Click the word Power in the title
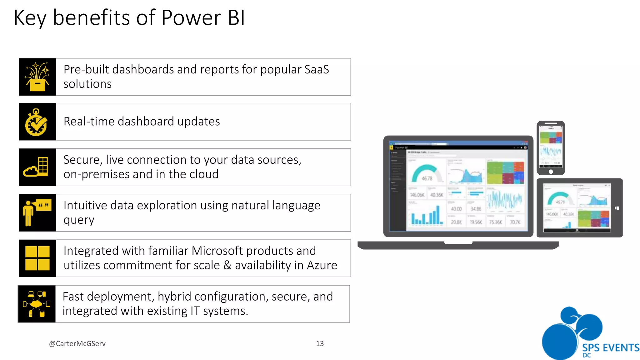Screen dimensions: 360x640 [x=191, y=18]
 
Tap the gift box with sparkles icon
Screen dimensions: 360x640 [x=37, y=77]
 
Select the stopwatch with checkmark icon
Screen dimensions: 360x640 [x=37, y=122]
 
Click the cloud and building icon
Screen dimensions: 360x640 [x=37, y=167]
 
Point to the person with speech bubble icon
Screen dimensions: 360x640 [x=37, y=213]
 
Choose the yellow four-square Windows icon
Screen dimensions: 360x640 [x=37, y=258]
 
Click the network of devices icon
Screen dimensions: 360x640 [x=37, y=304]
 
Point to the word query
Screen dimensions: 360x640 [x=79, y=220]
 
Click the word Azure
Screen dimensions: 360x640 [x=322, y=265]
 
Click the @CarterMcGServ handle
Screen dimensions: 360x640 [x=77, y=344]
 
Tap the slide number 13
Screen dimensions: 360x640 [x=320, y=344]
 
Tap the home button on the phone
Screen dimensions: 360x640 [x=551, y=172]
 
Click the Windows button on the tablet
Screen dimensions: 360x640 [x=617, y=208]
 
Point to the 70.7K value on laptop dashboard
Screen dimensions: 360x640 [x=515, y=222]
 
